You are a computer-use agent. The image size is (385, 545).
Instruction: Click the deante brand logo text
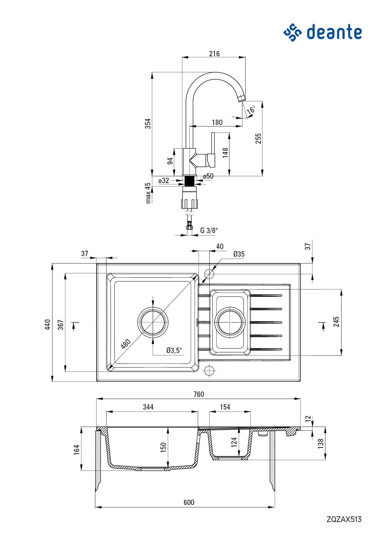pos(334,32)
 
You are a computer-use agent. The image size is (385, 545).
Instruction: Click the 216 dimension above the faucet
pos(214,54)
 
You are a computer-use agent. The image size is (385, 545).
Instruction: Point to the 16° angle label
pos(251,110)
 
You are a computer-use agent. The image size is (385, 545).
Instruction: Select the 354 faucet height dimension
pos(148,123)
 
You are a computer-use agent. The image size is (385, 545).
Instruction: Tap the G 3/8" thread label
pos(209,231)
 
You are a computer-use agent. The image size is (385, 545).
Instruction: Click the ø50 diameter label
pos(208,176)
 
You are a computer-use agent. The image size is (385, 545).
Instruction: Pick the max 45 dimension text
pos(148,193)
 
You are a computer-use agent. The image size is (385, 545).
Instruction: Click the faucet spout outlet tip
pos(242,99)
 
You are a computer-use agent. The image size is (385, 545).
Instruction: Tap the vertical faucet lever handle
pos(213,143)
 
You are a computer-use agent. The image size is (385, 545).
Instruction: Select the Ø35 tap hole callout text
pos(239,254)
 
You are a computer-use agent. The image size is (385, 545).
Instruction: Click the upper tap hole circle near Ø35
pos(210,274)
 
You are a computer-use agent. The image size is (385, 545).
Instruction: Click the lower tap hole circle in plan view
pos(210,371)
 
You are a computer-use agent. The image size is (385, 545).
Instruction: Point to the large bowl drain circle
pos(153,322)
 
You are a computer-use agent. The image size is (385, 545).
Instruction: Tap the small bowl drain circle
pos(230,322)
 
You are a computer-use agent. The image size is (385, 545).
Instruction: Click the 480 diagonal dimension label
pos(126,344)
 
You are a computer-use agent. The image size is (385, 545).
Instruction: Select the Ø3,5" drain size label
pos(174,350)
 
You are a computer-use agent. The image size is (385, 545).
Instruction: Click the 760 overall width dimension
pos(199,394)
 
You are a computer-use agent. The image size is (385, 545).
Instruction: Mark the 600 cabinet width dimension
pos(189,502)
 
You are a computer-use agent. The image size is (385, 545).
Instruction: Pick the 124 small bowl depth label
pos(234,442)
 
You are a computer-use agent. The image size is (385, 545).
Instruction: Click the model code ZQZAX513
pos(344,519)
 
